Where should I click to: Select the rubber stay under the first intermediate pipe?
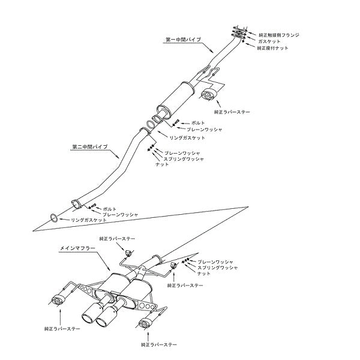(x=210, y=95)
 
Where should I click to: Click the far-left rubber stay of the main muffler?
(x=59, y=298)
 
